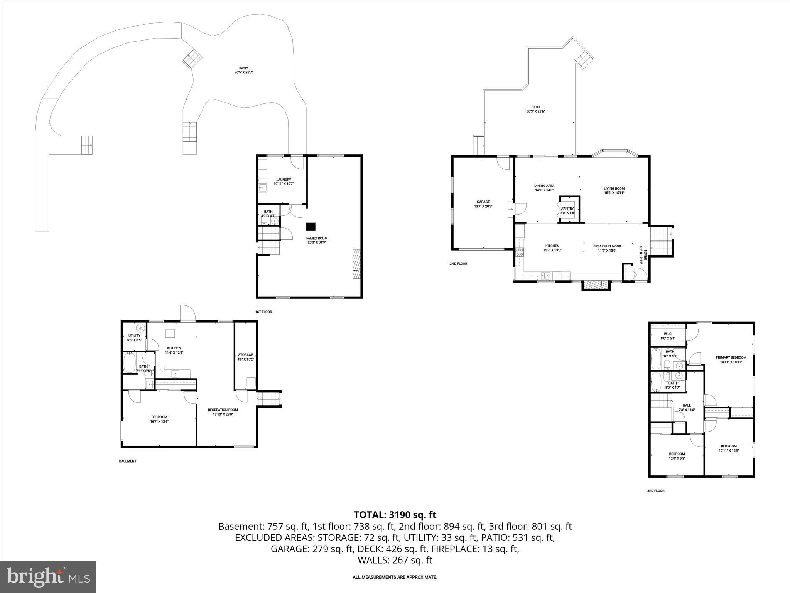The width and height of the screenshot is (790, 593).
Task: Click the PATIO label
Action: point(243,68)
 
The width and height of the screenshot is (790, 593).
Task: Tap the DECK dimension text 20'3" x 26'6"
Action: point(536,112)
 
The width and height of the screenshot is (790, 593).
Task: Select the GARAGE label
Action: point(483,202)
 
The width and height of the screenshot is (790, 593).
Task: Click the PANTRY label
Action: point(568,208)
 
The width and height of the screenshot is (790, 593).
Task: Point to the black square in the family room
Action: point(311,227)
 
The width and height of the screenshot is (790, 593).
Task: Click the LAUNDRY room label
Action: point(284,180)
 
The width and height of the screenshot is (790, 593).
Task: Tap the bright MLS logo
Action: point(49,577)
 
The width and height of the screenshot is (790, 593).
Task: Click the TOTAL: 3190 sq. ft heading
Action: point(395,515)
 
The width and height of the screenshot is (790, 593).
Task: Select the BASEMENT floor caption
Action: point(128,461)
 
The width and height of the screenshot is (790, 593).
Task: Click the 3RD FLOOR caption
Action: point(656,491)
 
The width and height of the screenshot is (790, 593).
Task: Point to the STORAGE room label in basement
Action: point(245,355)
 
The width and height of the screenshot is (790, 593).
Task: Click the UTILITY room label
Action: point(135,335)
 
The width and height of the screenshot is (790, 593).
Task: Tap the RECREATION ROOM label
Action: point(223,410)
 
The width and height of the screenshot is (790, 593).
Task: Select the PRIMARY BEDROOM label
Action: point(731,357)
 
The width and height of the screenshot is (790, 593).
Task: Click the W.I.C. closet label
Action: point(668,334)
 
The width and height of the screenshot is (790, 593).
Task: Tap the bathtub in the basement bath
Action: point(130,363)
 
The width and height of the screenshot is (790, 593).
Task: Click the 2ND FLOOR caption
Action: point(458,264)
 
